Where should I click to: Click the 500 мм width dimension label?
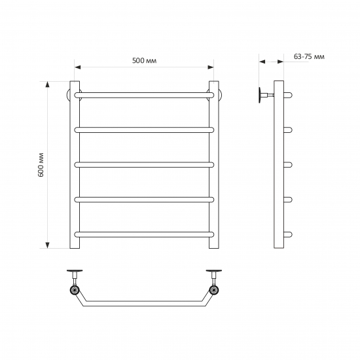click(x=145, y=61)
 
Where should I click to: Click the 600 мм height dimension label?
click(x=41, y=164)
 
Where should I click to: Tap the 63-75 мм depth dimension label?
click(x=309, y=56)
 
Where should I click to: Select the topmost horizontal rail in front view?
click(x=144, y=95)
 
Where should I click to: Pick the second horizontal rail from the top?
click(x=144, y=130)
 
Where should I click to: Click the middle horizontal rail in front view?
click(x=144, y=165)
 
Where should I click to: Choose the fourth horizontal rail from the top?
click(x=144, y=200)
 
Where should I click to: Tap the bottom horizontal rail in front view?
click(x=144, y=234)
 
